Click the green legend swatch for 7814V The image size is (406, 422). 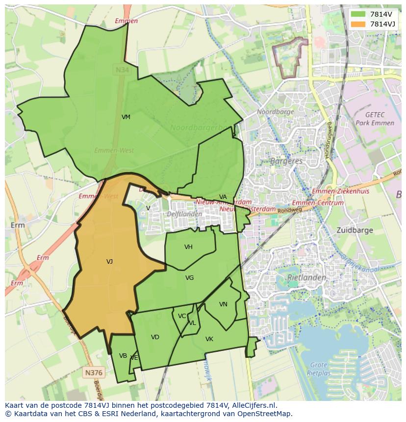(x=358, y=14)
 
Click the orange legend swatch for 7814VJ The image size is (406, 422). (x=358, y=24)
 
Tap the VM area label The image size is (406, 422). (x=126, y=117)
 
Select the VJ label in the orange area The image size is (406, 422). (x=109, y=262)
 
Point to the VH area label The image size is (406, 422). (x=188, y=247)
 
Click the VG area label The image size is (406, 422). (x=189, y=278)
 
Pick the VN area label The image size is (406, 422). (x=223, y=304)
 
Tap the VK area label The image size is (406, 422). (x=209, y=339)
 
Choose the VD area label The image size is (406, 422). (x=155, y=337)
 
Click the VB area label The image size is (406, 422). (x=123, y=356)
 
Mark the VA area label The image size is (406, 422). (x=223, y=197)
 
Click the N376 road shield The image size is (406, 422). (x=93, y=372)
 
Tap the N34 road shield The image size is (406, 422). (x=122, y=70)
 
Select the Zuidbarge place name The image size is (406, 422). (x=355, y=230)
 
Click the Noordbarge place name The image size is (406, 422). (x=276, y=112)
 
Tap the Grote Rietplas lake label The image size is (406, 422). (x=319, y=368)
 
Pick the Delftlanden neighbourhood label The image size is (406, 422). (x=184, y=214)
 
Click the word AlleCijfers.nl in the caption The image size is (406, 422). (x=253, y=405)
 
